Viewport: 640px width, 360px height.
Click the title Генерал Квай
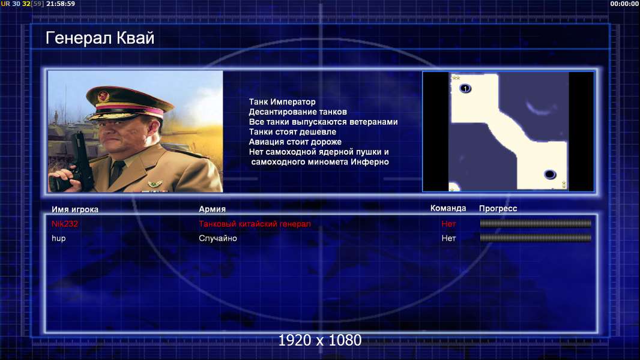point(100,38)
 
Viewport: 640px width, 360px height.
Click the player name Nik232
point(64,224)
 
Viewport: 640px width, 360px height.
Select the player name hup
point(58,239)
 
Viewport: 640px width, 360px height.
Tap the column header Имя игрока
point(74,209)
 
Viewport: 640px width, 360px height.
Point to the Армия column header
point(212,209)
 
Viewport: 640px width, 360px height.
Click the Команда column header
point(448,208)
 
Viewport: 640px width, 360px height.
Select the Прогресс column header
point(498,208)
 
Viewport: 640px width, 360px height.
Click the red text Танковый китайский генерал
point(255,224)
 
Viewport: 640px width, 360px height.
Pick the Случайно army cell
point(217,238)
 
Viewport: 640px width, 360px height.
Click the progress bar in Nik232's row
point(536,223)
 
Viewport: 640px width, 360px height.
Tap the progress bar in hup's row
point(536,238)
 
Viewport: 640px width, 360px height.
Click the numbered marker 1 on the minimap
point(465,88)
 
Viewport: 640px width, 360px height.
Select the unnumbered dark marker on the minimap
point(550,175)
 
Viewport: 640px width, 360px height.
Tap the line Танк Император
point(282,102)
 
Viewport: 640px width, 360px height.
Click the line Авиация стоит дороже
point(295,142)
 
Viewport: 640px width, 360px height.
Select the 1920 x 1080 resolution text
point(319,340)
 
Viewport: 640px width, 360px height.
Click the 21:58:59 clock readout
point(61,4)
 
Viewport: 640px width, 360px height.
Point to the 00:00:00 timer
point(624,4)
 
